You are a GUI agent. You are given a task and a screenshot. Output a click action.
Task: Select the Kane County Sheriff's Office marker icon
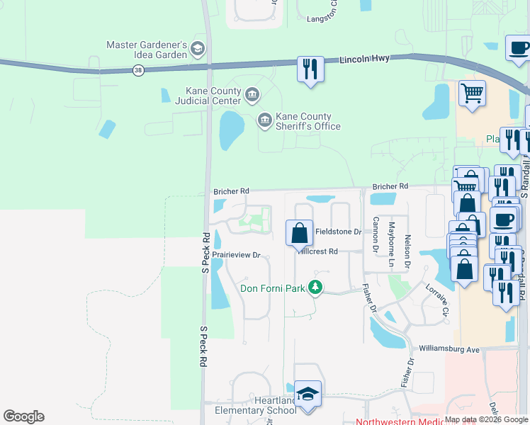point(264,120)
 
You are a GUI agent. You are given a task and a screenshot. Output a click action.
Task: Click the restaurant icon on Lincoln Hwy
point(310,69)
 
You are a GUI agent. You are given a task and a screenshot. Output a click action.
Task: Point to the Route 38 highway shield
point(138,69)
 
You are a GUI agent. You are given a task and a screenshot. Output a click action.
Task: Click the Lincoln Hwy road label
point(364,59)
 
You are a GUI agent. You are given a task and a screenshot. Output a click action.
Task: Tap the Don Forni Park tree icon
point(315,288)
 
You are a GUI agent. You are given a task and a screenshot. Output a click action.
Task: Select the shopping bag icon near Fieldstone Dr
point(300,232)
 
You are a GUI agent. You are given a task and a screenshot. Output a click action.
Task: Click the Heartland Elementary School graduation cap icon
point(308,394)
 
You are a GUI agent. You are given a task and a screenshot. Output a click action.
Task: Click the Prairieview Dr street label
point(237,255)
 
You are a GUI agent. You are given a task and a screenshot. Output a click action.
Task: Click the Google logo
point(23,416)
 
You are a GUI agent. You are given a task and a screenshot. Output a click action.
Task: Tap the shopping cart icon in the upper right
point(472,92)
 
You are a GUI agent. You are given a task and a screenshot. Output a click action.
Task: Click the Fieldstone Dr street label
point(339,232)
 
